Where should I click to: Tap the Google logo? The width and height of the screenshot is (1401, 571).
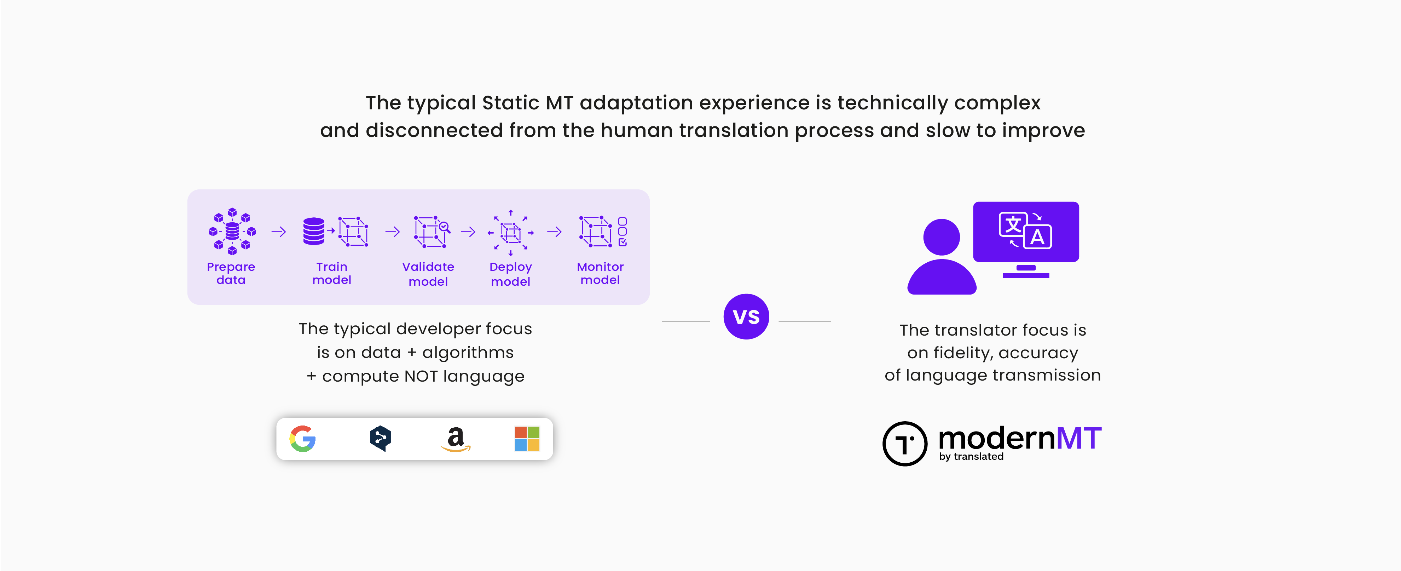point(303,439)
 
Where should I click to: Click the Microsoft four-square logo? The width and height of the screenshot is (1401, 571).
point(527,439)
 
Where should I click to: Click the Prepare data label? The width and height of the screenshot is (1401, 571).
point(231,273)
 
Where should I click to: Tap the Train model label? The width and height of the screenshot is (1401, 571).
point(332,273)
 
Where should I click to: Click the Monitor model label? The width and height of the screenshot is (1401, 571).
point(601,273)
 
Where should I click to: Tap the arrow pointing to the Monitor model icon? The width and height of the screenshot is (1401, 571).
point(555,232)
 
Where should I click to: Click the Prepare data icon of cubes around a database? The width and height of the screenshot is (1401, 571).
point(232,232)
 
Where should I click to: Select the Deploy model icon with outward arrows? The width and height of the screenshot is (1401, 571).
point(511,233)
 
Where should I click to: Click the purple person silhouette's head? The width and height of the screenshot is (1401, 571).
point(942,237)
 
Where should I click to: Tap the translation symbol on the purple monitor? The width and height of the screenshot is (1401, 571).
point(1025,230)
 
